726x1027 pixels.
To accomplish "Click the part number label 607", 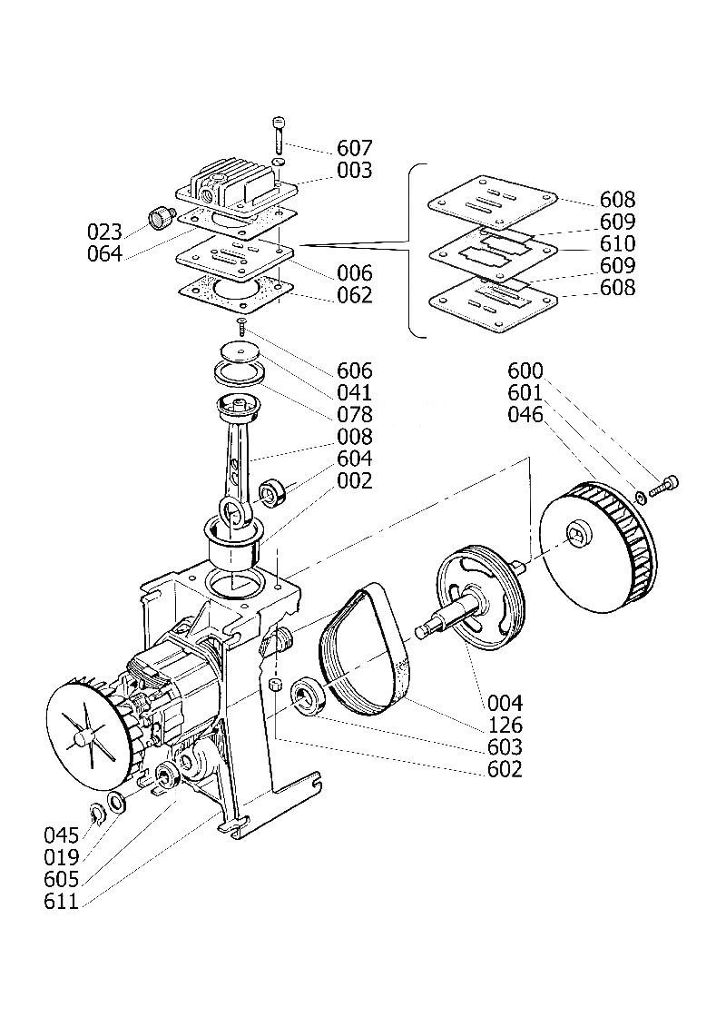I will tap(354, 148).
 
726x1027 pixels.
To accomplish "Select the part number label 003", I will tap(354, 171).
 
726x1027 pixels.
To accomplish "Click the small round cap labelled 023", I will tap(161, 218).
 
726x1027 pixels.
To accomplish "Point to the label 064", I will tap(104, 253).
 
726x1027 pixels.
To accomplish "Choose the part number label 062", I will tap(354, 295).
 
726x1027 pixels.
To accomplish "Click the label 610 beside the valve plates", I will tap(617, 243).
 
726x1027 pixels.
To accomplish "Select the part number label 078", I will tap(354, 415).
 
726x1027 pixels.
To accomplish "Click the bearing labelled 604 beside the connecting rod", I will tap(272, 494).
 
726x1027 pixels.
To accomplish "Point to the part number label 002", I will tap(354, 481).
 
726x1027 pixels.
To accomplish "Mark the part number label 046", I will tap(525, 415).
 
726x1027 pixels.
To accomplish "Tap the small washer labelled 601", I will tap(642, 497).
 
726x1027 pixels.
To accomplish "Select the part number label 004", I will tap(505, 703).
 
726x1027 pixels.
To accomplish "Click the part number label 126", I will tap(505, 726).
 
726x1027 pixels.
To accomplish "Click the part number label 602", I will tap(505, 770).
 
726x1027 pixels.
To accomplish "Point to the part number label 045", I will tap(62, 835).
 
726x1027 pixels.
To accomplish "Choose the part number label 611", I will tap(62, 903).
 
